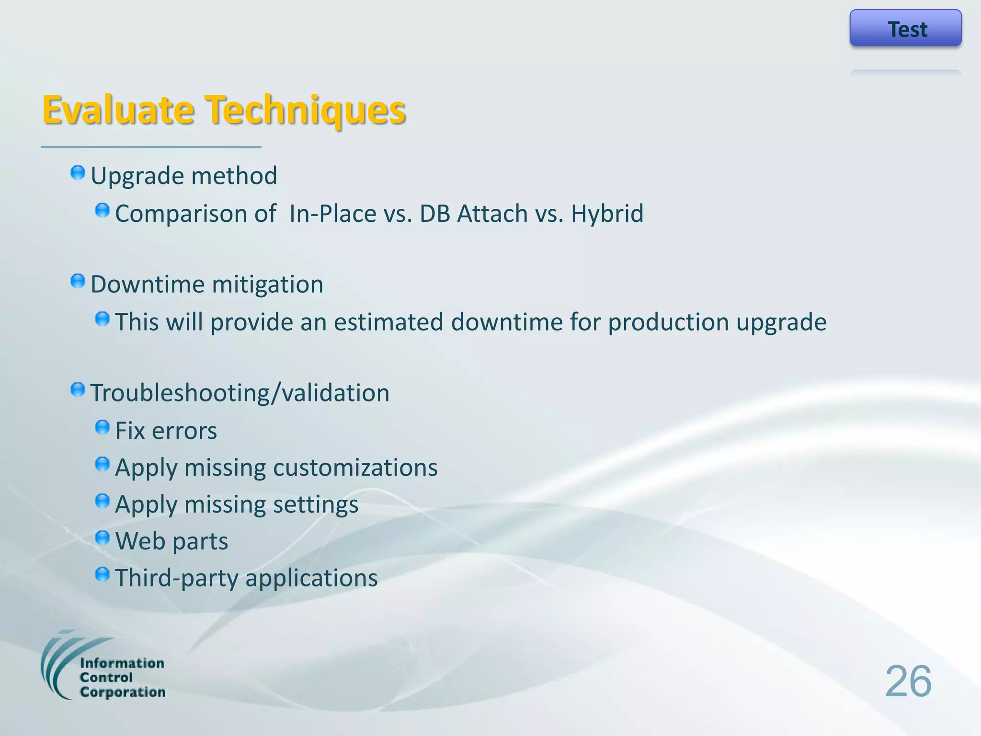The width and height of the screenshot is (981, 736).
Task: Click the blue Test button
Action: (905, 28)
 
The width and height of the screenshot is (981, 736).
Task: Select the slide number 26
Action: (908, 681)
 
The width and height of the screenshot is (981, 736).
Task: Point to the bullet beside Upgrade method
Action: (78, 173)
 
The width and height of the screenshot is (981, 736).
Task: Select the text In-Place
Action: (332, 214)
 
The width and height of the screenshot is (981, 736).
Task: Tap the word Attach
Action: (492, 214)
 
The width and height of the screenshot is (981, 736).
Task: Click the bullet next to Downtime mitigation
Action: (78, 281)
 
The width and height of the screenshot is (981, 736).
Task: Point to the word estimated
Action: (388, 322)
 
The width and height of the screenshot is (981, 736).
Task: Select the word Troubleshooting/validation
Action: (240, 393)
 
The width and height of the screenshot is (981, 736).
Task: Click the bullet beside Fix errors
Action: (103, 427)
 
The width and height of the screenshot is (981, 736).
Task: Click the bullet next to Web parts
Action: (103, 538)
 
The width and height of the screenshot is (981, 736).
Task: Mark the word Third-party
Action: (176, 578)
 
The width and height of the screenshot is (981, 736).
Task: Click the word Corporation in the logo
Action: (123, 692)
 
